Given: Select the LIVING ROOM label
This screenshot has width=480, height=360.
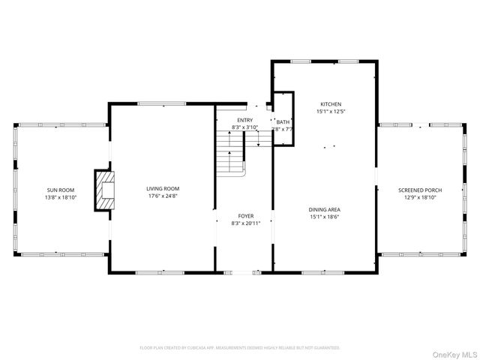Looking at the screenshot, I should [162, 189].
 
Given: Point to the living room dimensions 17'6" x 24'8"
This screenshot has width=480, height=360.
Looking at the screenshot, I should [162, 196].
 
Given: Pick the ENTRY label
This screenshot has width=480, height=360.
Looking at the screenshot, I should [244, 120].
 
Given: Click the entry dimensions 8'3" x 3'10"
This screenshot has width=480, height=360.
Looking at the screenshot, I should [244, 127].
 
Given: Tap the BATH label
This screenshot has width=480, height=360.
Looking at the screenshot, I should [283, 121].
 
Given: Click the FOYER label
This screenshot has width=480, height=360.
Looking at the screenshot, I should [244, 215].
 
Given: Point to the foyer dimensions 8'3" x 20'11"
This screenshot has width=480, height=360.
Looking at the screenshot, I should [244, 223].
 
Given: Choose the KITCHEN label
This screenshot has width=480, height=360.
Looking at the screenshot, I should [331, 104].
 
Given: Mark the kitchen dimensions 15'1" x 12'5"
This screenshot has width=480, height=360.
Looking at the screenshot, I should [331, 112].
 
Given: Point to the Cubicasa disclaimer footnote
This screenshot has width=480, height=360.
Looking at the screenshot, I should [240, 348].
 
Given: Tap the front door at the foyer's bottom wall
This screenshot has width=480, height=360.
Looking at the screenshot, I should [256, 272].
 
